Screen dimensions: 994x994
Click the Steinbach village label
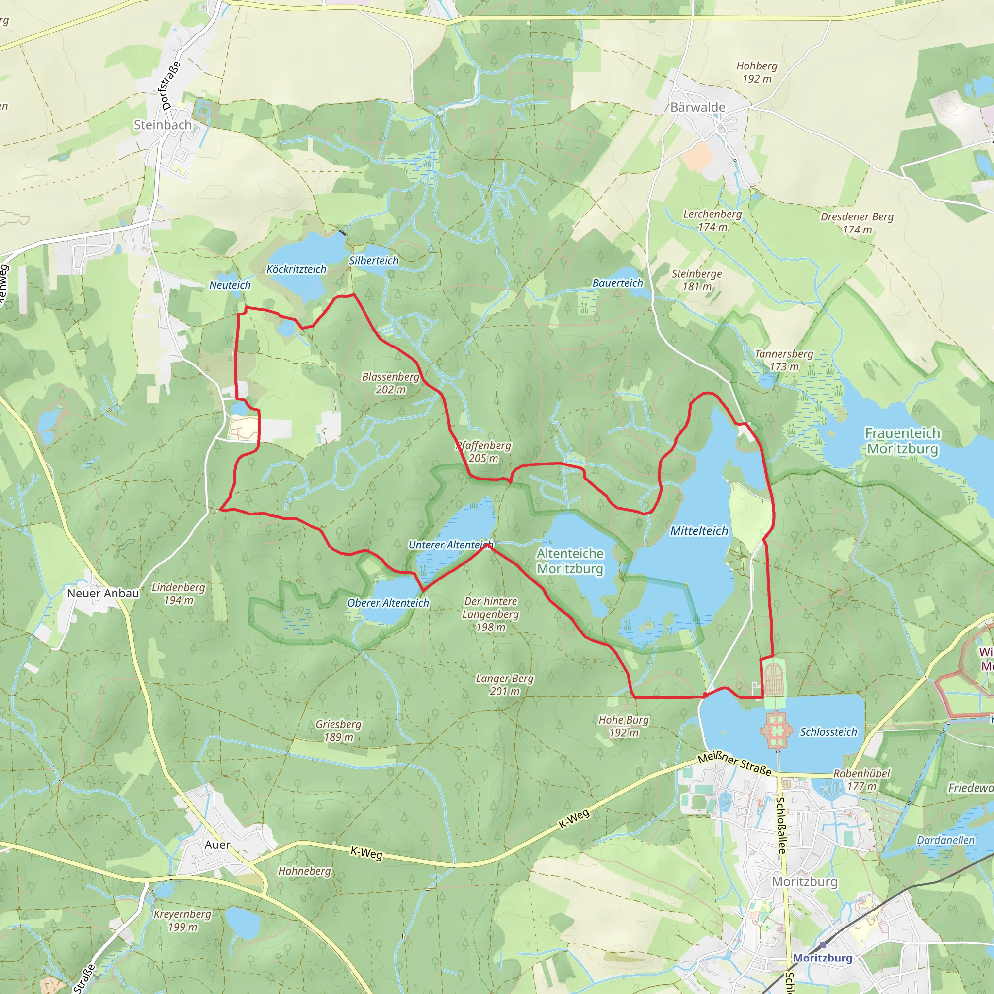[163, 125]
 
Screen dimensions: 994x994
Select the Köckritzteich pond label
[297, 269]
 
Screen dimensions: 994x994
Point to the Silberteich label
[374, 260]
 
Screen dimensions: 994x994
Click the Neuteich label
[230, 285]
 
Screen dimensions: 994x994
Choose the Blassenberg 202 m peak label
[391, 383]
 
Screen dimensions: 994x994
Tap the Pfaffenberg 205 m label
[483, 451]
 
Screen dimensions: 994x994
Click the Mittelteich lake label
[699, 530]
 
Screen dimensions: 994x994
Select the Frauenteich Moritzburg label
[902, 441]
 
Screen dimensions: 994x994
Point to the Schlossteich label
[828, 731]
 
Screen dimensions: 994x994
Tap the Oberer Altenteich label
[388, 602]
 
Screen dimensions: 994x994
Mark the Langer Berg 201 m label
[504, 684]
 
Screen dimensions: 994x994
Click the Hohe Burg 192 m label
[624, 726]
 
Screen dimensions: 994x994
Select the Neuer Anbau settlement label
[103, 593]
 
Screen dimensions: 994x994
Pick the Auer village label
[217, 845]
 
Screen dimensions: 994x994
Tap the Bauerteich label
[617, 283]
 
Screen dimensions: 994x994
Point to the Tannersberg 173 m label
[784, 360]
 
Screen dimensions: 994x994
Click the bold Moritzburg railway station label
[822, 958]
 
